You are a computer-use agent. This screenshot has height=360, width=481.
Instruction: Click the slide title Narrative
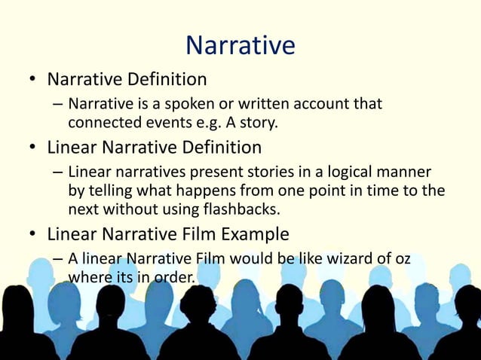point(240,45)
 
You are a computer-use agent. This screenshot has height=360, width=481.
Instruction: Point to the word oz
point(402,259)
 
